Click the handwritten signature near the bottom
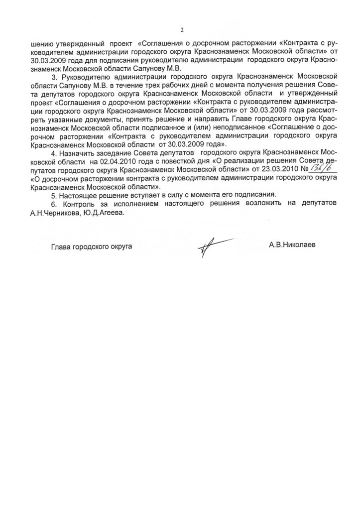pyautogui.click(x=212, y=246)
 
